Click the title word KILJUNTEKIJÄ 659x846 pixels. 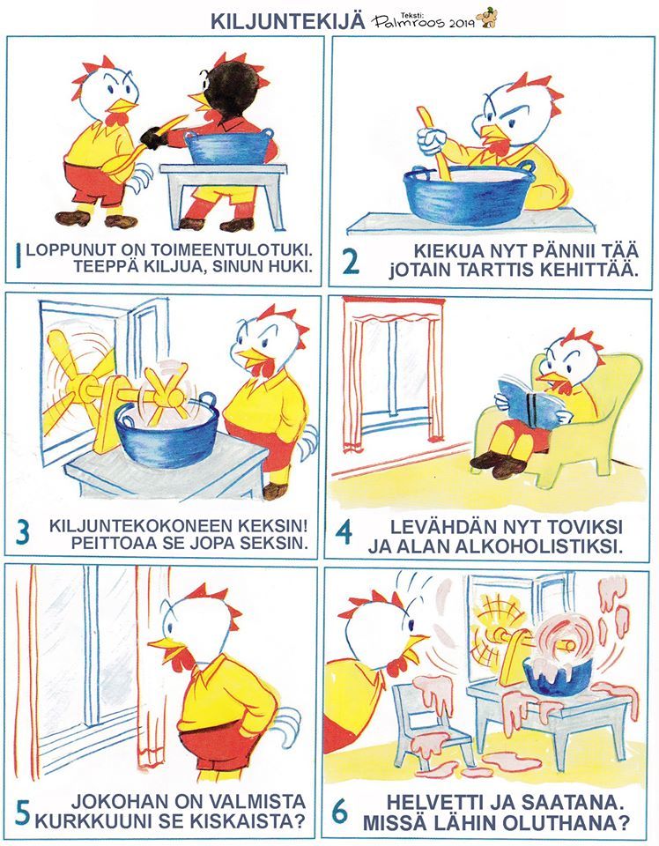(x=287, y=20)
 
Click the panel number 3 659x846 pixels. (x=23, y=533)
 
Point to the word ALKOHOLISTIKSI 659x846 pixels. (x=539, y=546)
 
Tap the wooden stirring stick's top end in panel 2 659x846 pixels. (x=424, y=112)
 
